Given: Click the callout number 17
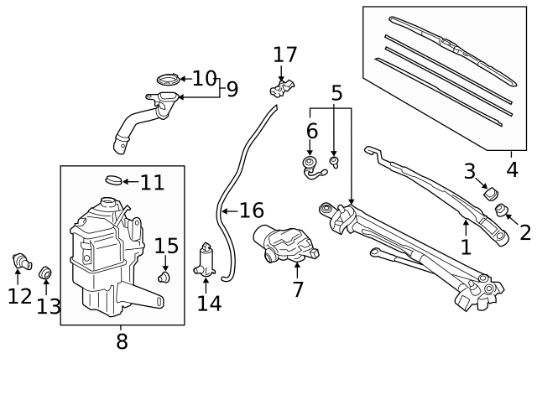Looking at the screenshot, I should click(285, 55).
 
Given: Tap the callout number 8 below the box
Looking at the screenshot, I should click(122, 342).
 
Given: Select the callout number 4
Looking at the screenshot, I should click(512, 170).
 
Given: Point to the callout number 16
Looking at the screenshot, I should click(252, 210).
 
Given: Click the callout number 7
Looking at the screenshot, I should click(298, 290).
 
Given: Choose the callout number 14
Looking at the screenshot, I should click(209, 303).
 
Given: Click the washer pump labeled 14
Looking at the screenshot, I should click(206, 261).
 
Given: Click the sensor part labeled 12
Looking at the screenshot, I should click(22, 262).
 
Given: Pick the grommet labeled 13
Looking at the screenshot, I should click(47, 273).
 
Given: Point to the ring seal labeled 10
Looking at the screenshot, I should click(168, 81).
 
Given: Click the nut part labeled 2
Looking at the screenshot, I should click(503, 209).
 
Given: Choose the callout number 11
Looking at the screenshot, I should click(152, 182).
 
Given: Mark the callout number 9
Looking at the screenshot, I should click(232, 88).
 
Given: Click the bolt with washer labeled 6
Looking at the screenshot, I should click(310, 165).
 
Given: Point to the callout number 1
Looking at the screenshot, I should click(466, 247).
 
